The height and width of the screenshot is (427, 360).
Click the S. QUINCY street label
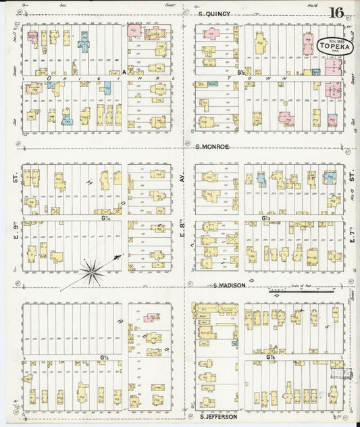click(x=215, y=13)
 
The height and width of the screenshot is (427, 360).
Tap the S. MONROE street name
click(x=212, y=147)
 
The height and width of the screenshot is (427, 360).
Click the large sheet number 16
click(x=336, y=13)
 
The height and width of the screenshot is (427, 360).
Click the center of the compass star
click(x=92, y=273)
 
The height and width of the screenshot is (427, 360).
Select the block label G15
click(x=105, y=357)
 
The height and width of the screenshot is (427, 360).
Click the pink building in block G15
click(x=152, y=317)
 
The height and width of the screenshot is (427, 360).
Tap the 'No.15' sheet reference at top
click(x=312, y=5)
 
